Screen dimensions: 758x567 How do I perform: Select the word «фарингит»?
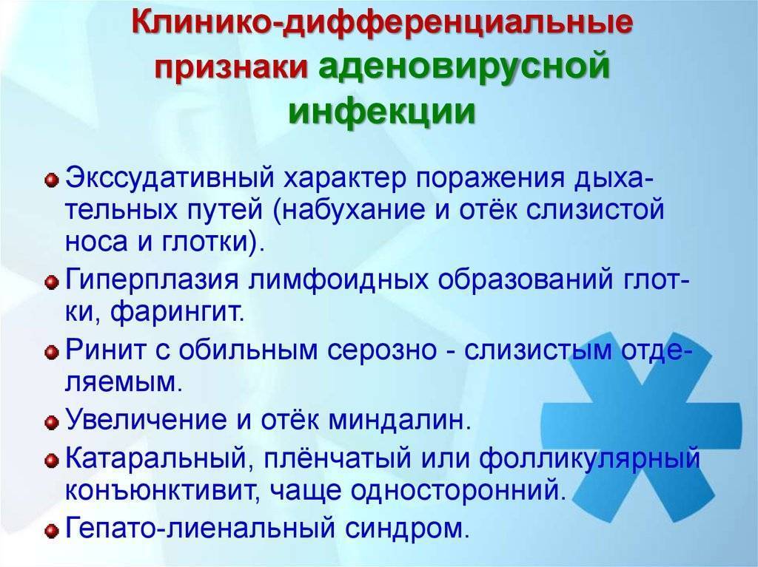click(177, 313)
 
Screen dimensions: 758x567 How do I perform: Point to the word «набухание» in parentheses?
click(349, 211)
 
